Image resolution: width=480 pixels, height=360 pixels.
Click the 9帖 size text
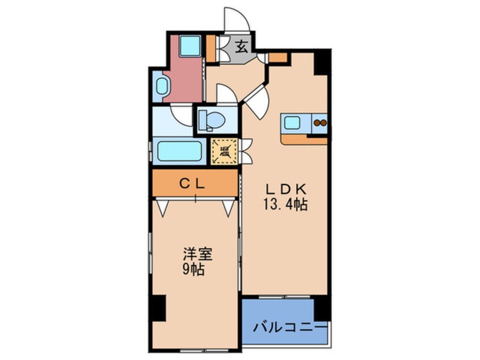pyautogui.click(x=194, y=269)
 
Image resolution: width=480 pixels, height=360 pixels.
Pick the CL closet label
pyautogui.click(x=193, y=183)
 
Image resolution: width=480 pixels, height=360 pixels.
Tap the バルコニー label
pyautogui.click(x=289, y=328)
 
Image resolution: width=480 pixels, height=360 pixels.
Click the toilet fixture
pyautogui.click(x=214, y=120)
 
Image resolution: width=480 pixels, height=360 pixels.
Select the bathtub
pyautogui.click(x=179, y=151)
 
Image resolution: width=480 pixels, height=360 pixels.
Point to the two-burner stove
pyautogui.click(x=319, y=122)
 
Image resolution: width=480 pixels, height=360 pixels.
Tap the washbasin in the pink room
pyautogui.click(x=161, y=87)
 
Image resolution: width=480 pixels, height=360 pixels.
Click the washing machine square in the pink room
pyautogui.click(x=190, y=47)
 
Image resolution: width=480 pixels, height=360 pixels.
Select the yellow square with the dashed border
pyautogui.click(x=224, y=151)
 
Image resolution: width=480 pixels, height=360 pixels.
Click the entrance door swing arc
pyautogui.click(x=236, y=20)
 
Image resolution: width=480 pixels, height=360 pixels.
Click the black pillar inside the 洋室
pyautogui.click(x=158, y=308)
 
